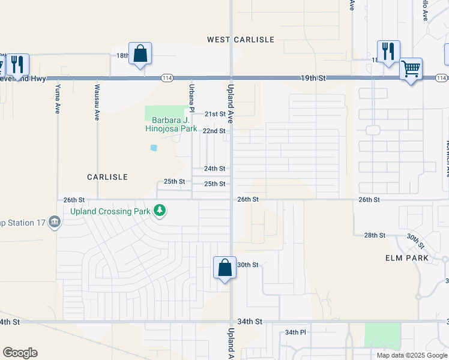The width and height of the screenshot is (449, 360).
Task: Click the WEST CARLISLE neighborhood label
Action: [241, 40]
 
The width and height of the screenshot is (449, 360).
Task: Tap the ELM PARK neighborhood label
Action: [406, 258]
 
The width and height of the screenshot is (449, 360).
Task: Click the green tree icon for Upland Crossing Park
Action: [159, 210]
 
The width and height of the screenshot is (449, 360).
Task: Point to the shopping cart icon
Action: [411, 70]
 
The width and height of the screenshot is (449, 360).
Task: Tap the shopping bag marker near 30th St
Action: [224, 267]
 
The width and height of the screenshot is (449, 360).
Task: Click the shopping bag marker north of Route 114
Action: [140, 53]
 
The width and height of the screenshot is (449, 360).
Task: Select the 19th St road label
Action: [313, 78]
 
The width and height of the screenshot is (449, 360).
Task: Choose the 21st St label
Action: [214, 114]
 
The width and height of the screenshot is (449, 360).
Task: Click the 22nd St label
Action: [214, 131]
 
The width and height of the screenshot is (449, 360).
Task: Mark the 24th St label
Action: [214, 169]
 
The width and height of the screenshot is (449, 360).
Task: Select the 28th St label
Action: [375, 235]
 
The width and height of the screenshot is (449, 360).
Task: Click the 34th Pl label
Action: [295, 332]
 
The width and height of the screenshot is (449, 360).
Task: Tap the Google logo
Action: [20, 353]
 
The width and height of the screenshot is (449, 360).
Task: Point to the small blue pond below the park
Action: [154, 148]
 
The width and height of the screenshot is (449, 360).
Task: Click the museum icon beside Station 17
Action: [55, 223]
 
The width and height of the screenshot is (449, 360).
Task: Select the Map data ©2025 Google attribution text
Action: [412, 355]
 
